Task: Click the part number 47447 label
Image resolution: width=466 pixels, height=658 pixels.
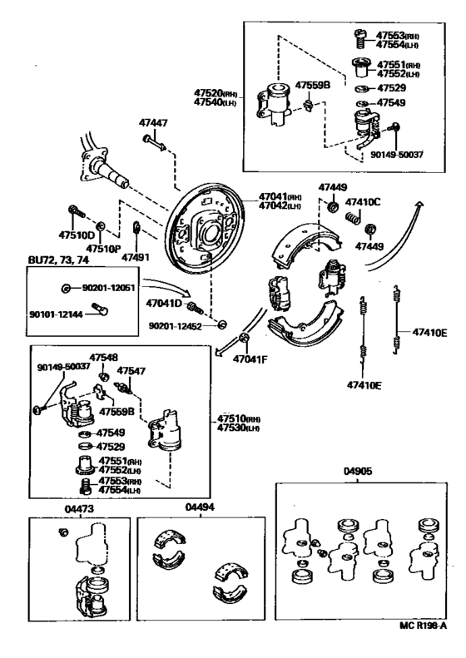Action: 153,123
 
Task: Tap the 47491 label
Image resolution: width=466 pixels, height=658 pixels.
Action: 136,257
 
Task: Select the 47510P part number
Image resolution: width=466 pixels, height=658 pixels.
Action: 104,249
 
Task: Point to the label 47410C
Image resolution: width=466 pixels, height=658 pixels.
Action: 363,202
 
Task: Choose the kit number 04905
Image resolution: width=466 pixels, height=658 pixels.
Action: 358,472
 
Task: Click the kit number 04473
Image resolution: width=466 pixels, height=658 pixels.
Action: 79,509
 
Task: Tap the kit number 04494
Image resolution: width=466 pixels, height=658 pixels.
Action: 200,507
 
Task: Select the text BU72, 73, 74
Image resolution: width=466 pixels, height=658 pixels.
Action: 58,260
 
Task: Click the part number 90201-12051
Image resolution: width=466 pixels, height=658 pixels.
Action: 108,288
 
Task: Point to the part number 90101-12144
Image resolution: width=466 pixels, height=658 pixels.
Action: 56,314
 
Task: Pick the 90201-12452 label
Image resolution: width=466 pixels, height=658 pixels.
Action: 175,326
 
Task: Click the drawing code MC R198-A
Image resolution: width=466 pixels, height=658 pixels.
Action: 423,637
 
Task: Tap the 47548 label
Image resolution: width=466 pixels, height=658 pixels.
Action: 104,358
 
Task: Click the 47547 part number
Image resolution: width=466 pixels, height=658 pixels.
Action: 131,371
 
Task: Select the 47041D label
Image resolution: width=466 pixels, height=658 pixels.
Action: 164,304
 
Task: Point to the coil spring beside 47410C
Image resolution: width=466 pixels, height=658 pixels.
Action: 353,217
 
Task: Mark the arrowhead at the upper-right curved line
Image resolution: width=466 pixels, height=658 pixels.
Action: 419,204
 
